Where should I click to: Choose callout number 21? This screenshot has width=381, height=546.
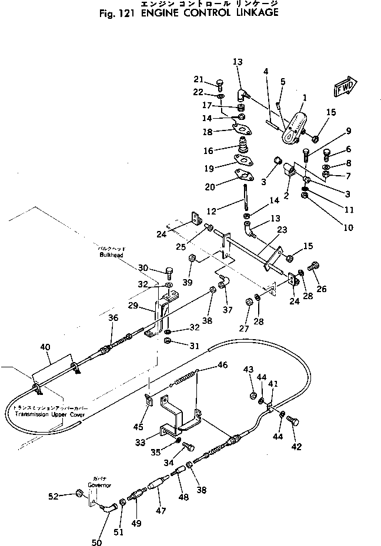(x=198, y=81)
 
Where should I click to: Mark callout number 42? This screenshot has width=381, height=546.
(x=296, y=447)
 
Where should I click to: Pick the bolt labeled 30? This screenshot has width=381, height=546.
(x=169, y=272)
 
